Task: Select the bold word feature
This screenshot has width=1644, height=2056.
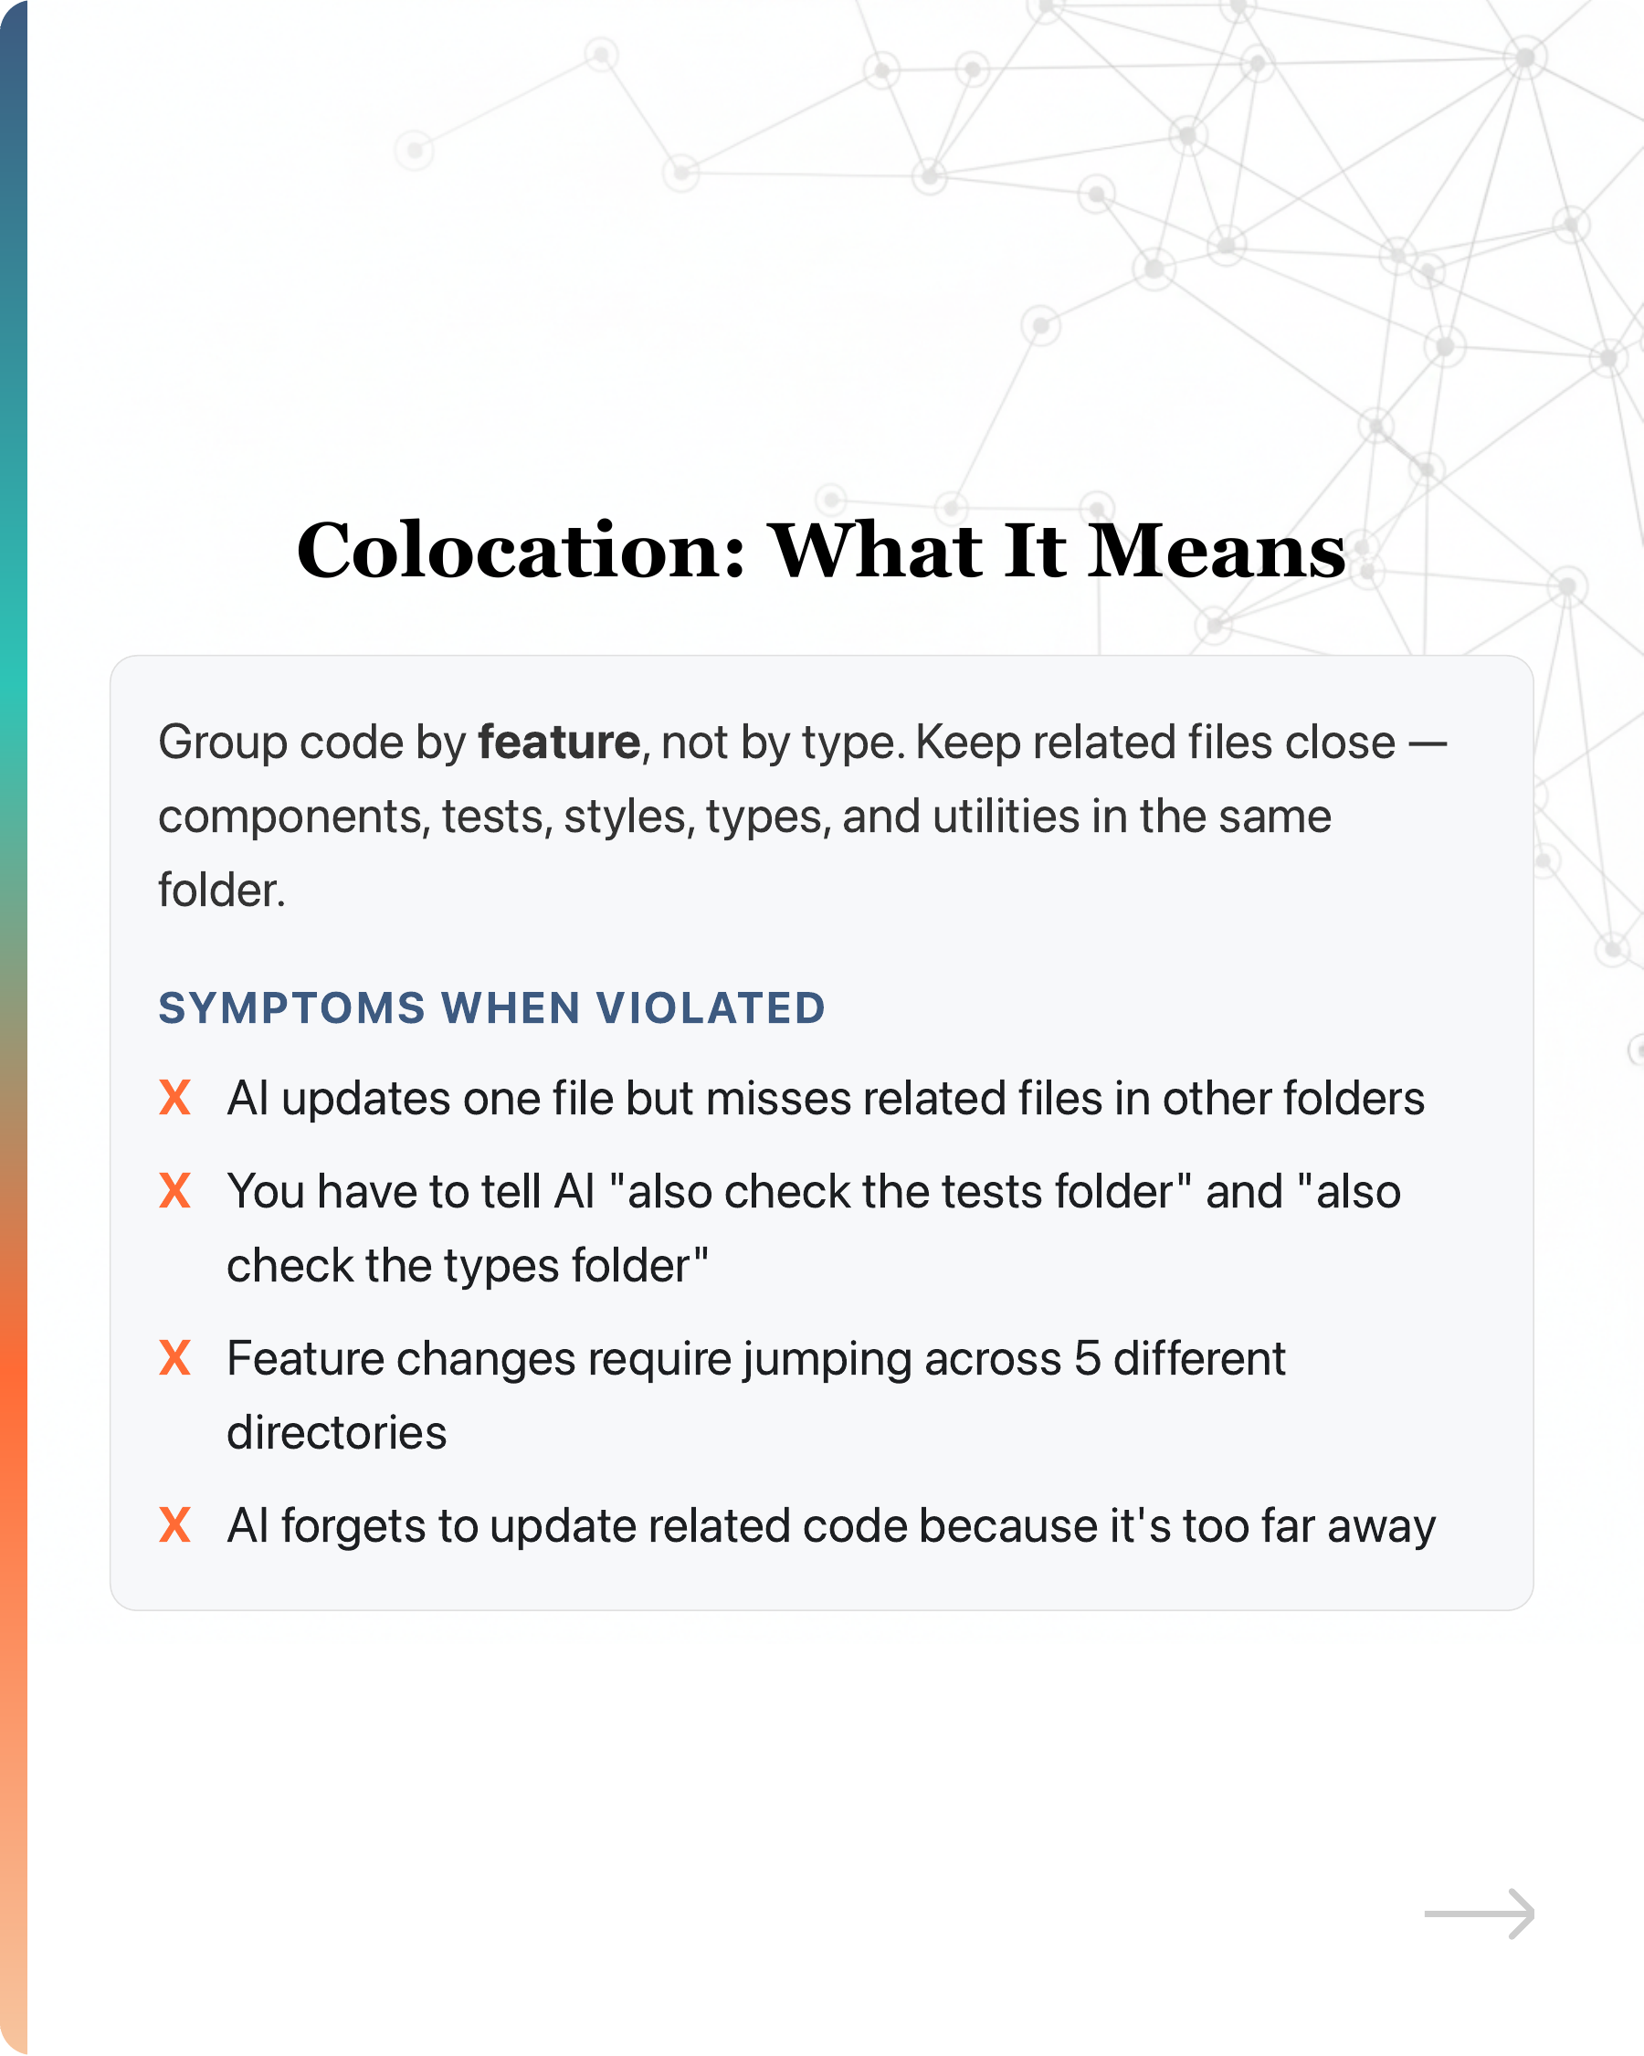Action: (559, 742)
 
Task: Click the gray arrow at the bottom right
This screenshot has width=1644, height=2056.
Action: (1479, 1914)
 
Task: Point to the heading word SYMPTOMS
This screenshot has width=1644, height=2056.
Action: (291, 1008)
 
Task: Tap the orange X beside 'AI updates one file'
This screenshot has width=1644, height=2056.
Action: (175, 1098)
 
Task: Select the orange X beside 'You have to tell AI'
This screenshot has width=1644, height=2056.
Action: (175, 1191)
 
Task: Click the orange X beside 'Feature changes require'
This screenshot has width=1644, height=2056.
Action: (175, 1358)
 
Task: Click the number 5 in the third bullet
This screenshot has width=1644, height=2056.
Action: (1087, 1358)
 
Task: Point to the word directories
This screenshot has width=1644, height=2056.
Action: (337, 1432)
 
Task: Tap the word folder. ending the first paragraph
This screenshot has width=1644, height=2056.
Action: (221, 890)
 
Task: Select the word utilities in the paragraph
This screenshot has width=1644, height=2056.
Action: (1005, 817)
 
